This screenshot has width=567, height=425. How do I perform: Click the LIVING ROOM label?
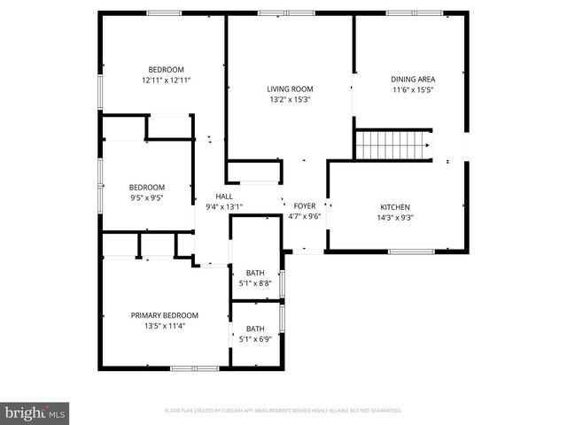pyautogui.click(x=290, y=89)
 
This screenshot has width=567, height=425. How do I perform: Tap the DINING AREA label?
pyautogui.click(x=413, y=79)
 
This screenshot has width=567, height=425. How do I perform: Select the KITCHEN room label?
pyautogui.click(x=395, y=207)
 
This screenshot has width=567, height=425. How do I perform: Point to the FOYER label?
pyautogui.click(x=304, y=205)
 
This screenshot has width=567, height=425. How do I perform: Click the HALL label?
pyautogui.click(x=224, y=196)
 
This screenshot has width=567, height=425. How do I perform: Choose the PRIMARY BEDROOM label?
pyautogui.click(x=164, y=315)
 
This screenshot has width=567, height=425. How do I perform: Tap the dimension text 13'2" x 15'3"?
pyautogui.click(x=290, y=99)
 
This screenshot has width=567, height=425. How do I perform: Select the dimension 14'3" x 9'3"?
pyautogui.click(x=395, y=217)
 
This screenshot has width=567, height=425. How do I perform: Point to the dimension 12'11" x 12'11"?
pyautogui.click(x=166, y=80)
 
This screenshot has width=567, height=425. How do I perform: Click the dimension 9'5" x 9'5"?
pyautogui.click(x=147, y=197)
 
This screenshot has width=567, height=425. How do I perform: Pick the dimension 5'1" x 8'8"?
pyautogui.click(x=255, y=283)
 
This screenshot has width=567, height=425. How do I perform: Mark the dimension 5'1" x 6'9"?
pyautogui.click(x=255, y=339)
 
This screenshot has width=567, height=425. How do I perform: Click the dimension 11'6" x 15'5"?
pyautogui.click(x=413, y=89)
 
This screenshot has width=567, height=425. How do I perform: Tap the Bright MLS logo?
pyautogui.click(x=35, y=413)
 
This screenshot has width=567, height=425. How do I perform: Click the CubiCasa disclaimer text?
pyautogui.click(x=283, y=411)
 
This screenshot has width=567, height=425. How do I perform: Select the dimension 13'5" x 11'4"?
pyautogui.click(x=164, y=325)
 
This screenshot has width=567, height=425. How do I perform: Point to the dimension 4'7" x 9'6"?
pyautogui.click(x=304, y=216)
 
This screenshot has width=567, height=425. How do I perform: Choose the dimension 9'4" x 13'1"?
pyautogui.click(x=224, y=206)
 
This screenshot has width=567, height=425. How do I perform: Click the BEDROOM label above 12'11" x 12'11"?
pyautogui.click(x=166, y=70)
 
